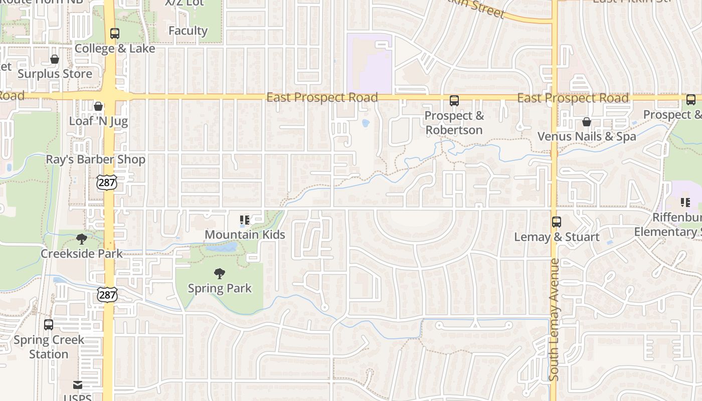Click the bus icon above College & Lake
coord(115,34)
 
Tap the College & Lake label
coord(115,49)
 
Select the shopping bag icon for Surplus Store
coord(55,60)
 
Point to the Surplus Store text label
coord(55,74)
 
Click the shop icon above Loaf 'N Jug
coord(98,106)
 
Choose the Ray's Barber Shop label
coord(96,159)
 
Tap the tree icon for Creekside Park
coord(81,239)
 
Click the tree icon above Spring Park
coord(219,274)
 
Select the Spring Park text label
coord(220,288)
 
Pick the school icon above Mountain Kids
coord(245,220)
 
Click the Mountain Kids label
coord(245,234)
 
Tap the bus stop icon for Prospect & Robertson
coord(454,101)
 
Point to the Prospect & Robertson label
coord(454,123)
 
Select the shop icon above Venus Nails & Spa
coord(586,122)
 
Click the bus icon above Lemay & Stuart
coord(557,222)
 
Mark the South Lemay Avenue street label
coord(554,319)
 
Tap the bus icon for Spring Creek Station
coord(49,325)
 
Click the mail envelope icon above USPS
coord(78,385)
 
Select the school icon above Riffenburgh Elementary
coord(685,203)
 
